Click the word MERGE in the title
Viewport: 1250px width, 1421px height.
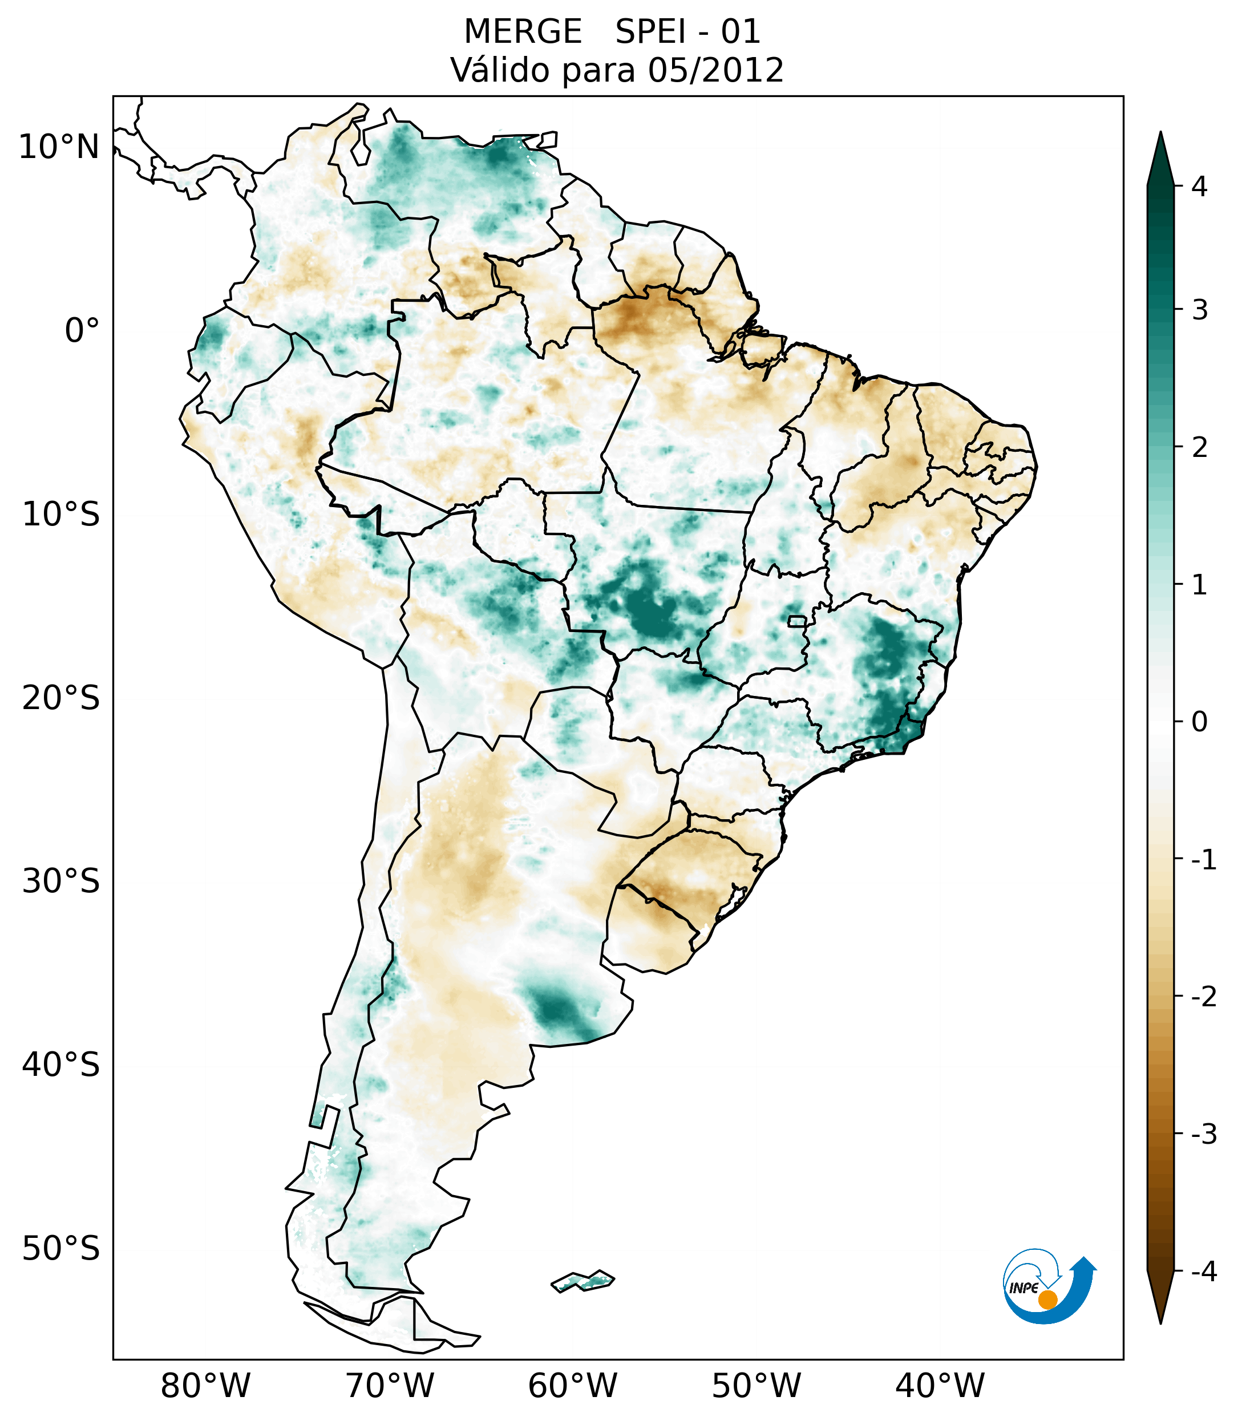click(x=523, y=32)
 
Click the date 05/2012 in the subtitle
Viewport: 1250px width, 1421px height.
click(x=715, y=70)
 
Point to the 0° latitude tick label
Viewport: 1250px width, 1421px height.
click(x=82, y=331)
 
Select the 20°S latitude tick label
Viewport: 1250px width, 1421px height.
click(x=61, y=698)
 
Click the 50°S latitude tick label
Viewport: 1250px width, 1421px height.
click(x=61, y=1249)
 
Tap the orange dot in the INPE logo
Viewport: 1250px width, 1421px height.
click(x=1047, y=1299)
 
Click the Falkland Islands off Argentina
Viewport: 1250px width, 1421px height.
click(x=582, y=1281)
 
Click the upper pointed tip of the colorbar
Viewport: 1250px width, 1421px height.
click(x=1160, y=134)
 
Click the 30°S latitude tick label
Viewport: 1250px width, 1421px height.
click(x=61, y=881)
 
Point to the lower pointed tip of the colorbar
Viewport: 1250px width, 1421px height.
click(x=1160, y=1322)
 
